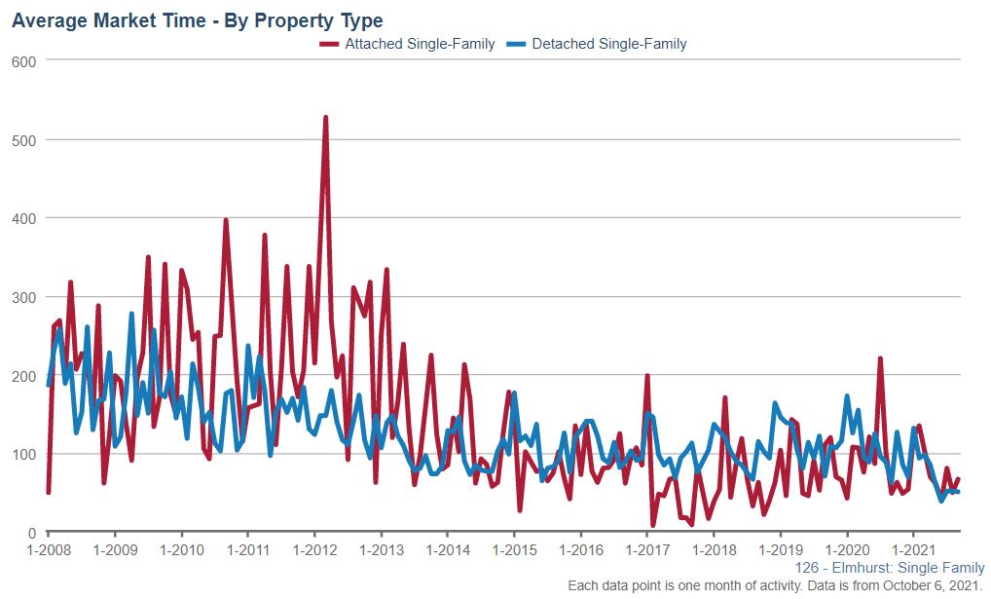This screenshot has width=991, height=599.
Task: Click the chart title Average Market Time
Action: tap(197, 20)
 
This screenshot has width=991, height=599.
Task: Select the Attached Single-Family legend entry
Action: tap(419, 44)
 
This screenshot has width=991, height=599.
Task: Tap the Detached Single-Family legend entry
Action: tap(608, 44)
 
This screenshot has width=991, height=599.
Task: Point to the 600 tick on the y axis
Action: tap(23, 61)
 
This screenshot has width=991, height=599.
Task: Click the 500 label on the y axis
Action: tap(23, 140)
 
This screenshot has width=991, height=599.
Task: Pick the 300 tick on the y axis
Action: tap(23, 297)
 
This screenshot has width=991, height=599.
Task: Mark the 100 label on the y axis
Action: tap(23, 455)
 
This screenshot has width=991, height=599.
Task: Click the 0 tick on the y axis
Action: tap(31, 533)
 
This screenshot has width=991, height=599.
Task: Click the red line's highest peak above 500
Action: tap(325, 118)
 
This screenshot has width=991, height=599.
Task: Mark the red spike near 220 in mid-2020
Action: tap(880, 358)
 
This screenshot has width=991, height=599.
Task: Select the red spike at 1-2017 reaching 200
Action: tap(647, 376)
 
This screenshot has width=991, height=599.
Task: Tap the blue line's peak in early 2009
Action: tap(131, 315)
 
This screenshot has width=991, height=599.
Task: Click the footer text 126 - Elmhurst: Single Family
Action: tap(890, 568)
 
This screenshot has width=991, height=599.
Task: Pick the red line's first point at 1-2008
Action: tap(49, 492)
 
